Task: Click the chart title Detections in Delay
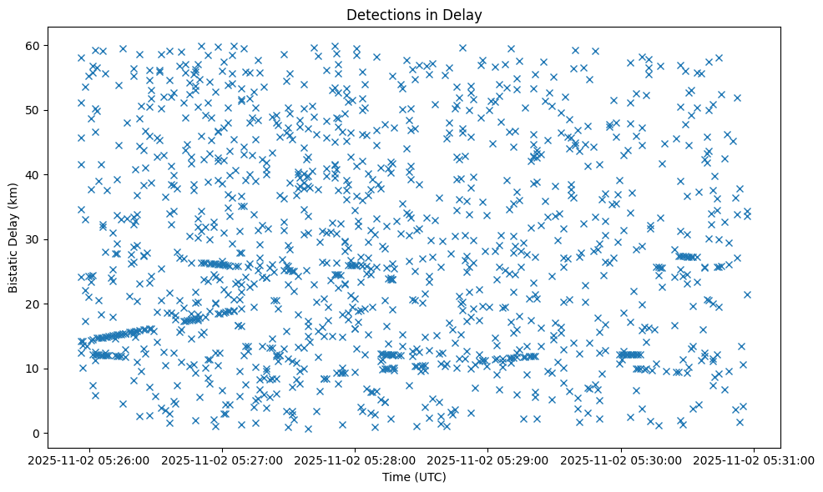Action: pyautogui.click(x=414, y=14)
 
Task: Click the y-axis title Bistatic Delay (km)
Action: pyautogui.click(x=13, y=238)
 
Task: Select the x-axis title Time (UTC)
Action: pyautogui.click(x=414, y=477)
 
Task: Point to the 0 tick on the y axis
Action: pyautogui.click(x=37, y=433)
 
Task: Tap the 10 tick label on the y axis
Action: pyautogui.click(x=33, y=369)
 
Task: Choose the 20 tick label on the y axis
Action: pyautogui.click(x=33, y=304)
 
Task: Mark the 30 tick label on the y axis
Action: pyautogui.click(x=33, y=239)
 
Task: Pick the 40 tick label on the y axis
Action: pyautogui.click(x=33, y=174)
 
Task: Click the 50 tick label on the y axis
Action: pyautogui.click(x=33, y=110)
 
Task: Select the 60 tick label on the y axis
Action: pyautogui.click(x=33, y=45)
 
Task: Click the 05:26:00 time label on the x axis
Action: pyautogui.click(x=89, y=459)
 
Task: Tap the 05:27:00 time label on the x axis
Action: pyautogui.click(x=223, y=459)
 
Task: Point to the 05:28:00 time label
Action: pyautogui.click(x=356, y=459)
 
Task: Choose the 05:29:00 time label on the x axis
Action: pyautogui.click(x=488, y=459)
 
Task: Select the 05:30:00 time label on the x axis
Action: pyautogui.click(x=621, y=459)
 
